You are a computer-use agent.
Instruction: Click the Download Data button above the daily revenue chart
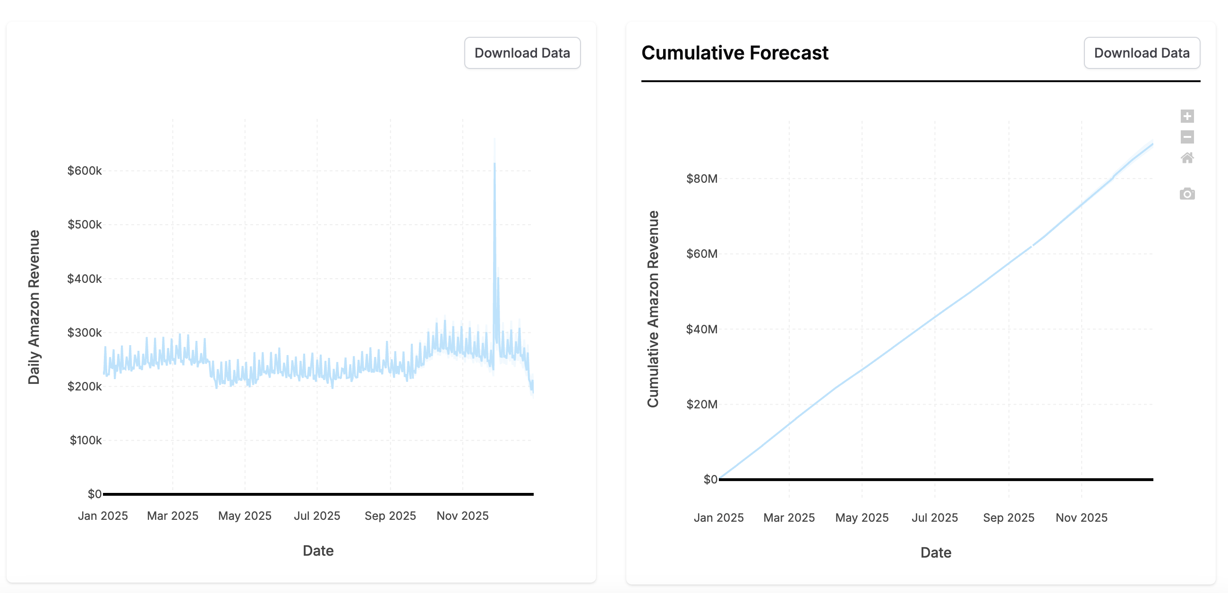point(522,53)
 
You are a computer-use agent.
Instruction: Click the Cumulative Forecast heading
point(734,53)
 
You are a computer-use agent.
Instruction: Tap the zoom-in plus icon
point(1187,116)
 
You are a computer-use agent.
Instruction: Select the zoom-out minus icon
point(1187,137)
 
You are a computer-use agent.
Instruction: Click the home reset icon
point(1187,158)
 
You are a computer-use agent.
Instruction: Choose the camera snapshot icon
point(1187,194)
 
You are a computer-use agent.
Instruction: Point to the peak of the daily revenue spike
point(495,164)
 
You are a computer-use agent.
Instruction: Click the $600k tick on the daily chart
point(85,170)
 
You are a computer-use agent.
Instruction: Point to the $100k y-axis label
point(85,440)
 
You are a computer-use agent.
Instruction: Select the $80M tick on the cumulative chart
point(701,179)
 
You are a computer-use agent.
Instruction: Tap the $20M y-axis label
point(701,404)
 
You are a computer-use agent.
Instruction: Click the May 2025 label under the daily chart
point(245,516)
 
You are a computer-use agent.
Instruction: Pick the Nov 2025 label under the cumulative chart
point(1081,517)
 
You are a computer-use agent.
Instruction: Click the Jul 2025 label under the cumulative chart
point(934,517)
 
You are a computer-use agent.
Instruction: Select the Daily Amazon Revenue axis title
point(34,307)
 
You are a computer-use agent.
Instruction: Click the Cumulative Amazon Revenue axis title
point(653,309)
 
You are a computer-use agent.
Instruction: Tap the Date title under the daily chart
point(318,551)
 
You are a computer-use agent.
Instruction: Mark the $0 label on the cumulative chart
point(710,479)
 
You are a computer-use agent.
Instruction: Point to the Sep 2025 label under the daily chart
point(390,516)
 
